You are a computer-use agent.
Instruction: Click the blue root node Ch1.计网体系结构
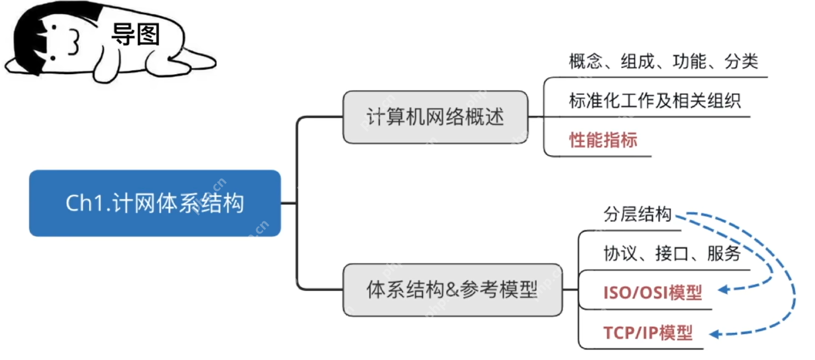(x=154, y=203)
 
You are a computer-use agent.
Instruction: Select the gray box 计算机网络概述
(x=435, y=117)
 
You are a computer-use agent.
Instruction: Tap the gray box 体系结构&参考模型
(x=452, y=289)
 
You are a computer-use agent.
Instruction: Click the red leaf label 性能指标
(x=603, y=140)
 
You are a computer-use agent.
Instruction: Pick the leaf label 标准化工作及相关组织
(x=655, y=101)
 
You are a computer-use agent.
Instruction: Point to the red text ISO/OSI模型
(x=652, y=293)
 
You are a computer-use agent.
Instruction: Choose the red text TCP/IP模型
(x=648, y=333)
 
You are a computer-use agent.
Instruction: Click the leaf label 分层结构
(x=638, y=214)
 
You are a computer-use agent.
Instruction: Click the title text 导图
(x=135, y=35)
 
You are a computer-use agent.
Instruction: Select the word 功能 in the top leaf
(x=690, y=61)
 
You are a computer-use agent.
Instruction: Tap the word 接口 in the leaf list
(x=672, y=253)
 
